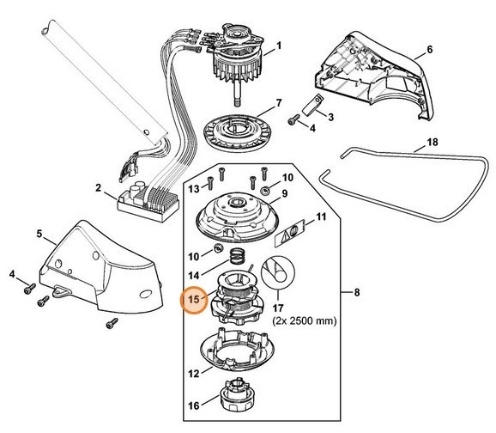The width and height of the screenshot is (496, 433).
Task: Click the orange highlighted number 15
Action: (x=194, y=299)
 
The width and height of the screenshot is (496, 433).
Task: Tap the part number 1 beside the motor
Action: (x=279, y=46)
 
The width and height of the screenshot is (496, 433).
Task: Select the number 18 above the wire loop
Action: (x=432, y=143)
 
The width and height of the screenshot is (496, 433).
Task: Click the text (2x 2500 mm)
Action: (x=305, y=321)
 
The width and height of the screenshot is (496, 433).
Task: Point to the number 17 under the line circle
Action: (x=278, y=308)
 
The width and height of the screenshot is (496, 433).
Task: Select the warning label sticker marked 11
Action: (x=290, y=233)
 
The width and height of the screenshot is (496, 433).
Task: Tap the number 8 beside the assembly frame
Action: (x=357, y=292)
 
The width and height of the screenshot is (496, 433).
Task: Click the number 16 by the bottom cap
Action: (x=194, y=406)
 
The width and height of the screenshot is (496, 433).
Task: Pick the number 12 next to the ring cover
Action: (x=194, y=374)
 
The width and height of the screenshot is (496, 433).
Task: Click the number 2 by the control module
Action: (x=99, y=188)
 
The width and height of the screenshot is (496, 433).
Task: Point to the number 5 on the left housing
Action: (x=39, y=234)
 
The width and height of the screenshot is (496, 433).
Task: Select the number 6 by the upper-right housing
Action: (x=430, y=50)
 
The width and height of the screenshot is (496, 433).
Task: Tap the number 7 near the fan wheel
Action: (x=279, y=103)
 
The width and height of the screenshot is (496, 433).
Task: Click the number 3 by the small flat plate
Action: (x=330, y=117)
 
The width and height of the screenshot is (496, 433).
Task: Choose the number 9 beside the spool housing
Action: (x=284, y=193)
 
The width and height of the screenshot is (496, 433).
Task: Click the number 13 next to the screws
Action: (x=194, y=189)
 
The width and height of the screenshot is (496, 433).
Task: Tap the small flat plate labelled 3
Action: (x=312, y=104)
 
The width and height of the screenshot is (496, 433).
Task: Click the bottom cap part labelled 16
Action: (x=238, y=395)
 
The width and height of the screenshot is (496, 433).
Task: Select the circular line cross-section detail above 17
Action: (x=278, y=272)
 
